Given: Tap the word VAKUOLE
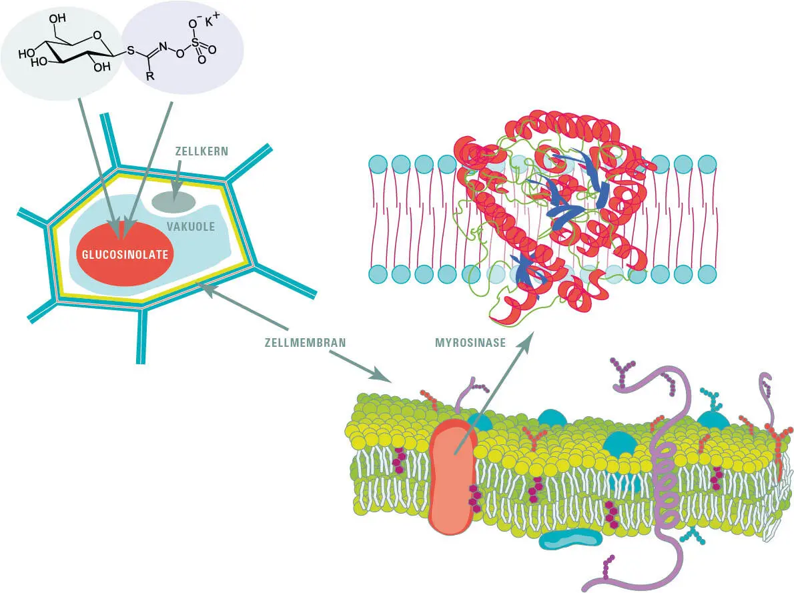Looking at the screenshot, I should click(x=191, y=227).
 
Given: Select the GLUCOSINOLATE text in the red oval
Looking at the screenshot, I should click(x=125, y=254).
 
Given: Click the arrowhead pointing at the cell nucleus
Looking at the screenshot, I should click(x=175, y=197).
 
